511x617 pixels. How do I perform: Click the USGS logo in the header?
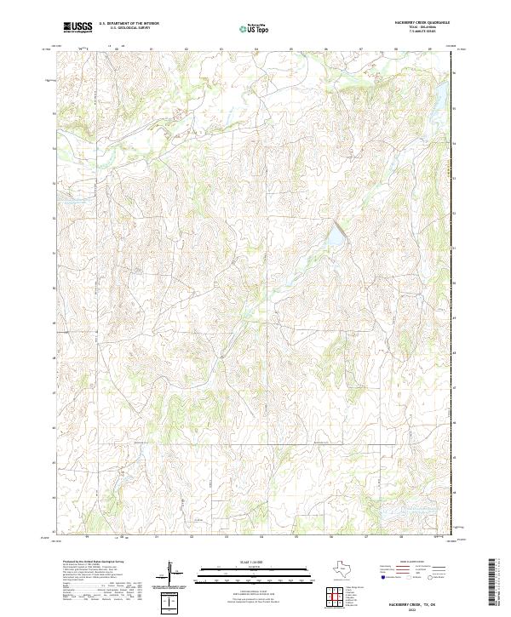[78, 27]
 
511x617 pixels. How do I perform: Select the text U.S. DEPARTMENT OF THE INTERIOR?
[129, 24]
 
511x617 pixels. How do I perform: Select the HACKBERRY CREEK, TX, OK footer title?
[422, 599]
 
